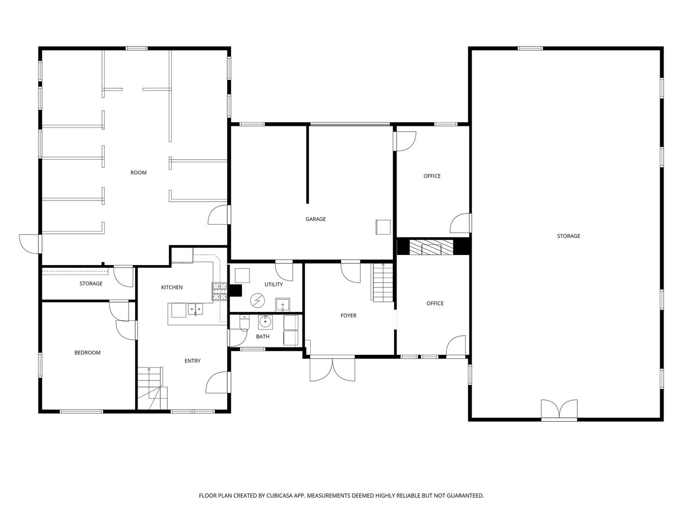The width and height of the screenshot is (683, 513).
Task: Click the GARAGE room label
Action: tap(315, 219)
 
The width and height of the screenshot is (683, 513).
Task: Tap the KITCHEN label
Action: tap(172, 287)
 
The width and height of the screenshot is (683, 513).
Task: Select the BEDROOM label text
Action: tap(87, 352)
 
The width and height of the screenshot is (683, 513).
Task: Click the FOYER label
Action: tap(348, 315)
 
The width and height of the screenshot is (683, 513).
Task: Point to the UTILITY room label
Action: tap(273, 285)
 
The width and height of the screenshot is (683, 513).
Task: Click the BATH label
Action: tap(262, 336)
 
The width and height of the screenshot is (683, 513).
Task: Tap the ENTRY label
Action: tap(192, 361)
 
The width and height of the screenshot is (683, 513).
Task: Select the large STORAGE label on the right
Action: tap(568, 236)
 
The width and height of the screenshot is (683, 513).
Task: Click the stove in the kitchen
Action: tap(219, 291)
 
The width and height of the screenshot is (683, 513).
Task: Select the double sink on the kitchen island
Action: tap(195, 309)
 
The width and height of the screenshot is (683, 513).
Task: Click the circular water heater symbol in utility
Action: tap(257, 301)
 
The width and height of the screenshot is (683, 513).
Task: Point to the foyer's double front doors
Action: tap(332, 369)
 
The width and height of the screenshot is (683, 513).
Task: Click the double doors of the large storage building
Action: tap(560, 409)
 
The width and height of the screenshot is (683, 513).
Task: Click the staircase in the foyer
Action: tap(382, 283)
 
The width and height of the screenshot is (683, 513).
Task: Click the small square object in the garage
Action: tap(383, 227)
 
